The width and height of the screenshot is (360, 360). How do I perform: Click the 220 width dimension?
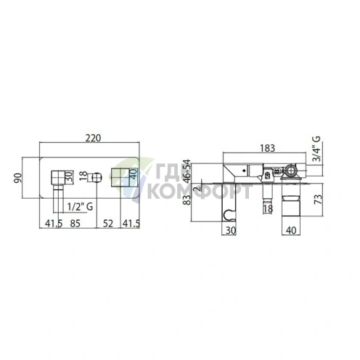(x=93, y=138)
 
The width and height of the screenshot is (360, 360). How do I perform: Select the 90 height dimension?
(x=18, y=178)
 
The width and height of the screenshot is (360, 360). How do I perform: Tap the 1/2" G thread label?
(x=80, y=207)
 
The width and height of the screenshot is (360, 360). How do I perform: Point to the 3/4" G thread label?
(x=316, y=149)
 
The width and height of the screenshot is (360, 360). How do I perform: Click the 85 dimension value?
(x=75, y=224)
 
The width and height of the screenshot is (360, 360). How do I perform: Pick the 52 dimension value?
(x=107, y=224)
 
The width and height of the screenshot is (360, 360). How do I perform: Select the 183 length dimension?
(x=267, y=148)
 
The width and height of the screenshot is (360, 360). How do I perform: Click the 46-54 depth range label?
(x=187, y=171)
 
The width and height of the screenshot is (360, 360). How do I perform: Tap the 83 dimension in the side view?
(x=187, y=200)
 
